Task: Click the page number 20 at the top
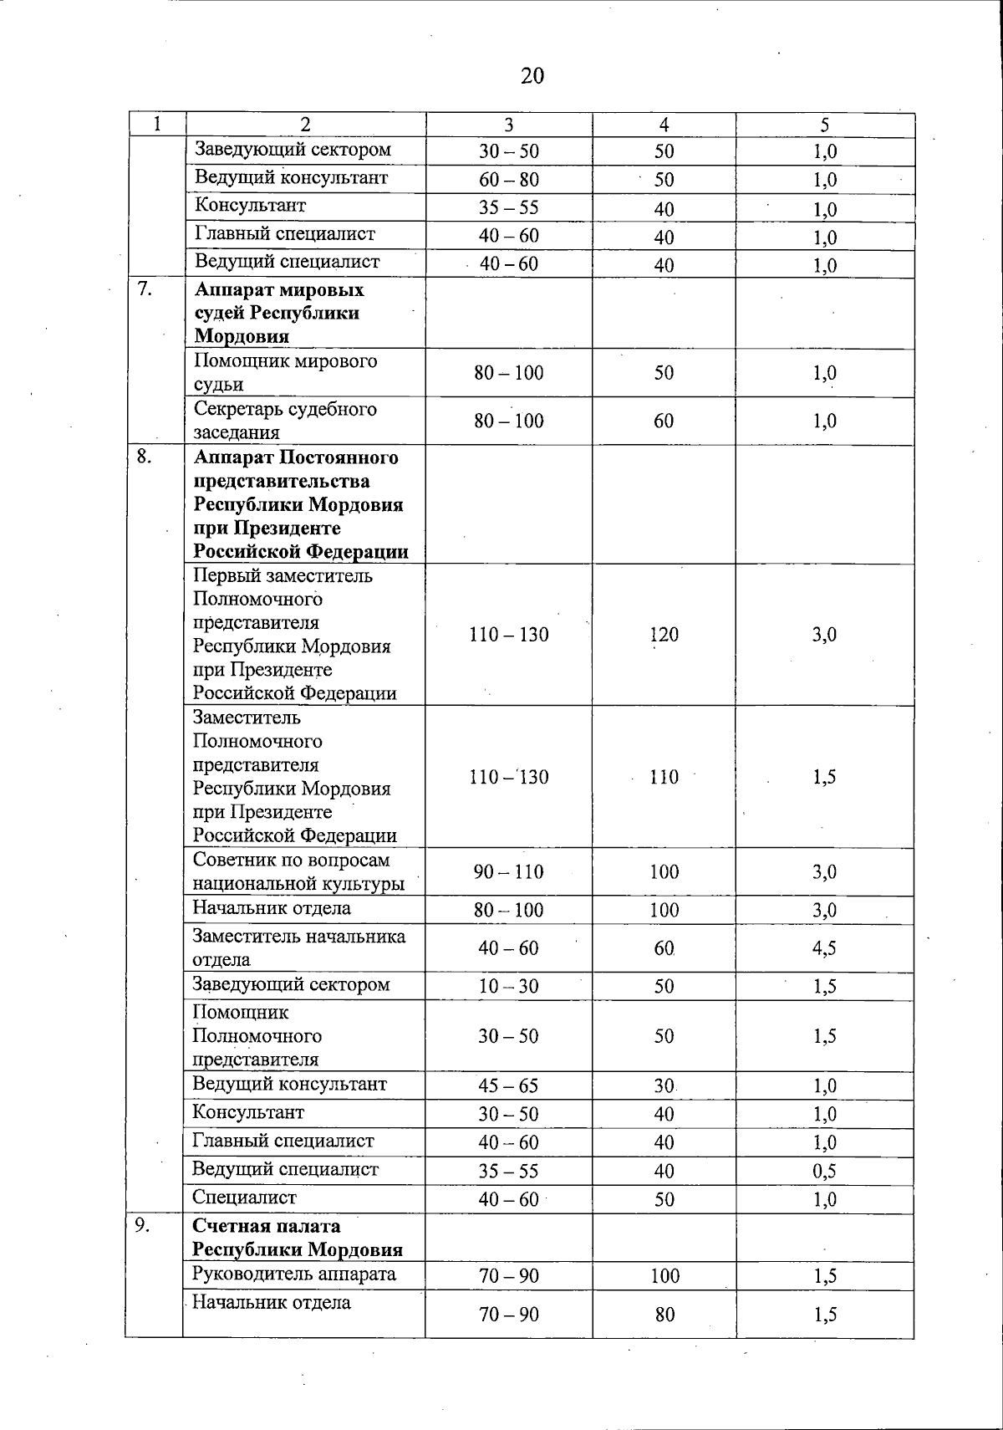(x=532, y=76)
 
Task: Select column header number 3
(x=508, y=125)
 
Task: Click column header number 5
(x=824, y=125)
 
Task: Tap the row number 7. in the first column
(x=145, y=290)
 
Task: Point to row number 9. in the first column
(x=143, y=1225)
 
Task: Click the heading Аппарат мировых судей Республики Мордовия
(x=279, y=313)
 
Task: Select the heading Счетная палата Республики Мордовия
(x=298, y=1238)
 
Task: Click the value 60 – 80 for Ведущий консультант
(x=508, y=180)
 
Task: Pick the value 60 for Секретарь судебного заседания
(x=664, y=421)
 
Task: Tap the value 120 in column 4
(x=664, y=635)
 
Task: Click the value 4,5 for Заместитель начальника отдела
(x=824, y=948)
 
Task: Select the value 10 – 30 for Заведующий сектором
(x=508, y=986)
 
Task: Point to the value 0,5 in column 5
(x=824, y=1171)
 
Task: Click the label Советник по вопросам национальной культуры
(x=298, y=871)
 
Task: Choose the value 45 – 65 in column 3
(x=508, y=1085)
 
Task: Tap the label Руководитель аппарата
(x=294, y=1274)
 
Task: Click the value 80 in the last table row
(x=664, y=1315)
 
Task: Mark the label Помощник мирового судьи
(x=285, y=372)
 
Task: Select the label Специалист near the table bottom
(x=244, y=1198)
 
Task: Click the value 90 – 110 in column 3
(x=508, y=872)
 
